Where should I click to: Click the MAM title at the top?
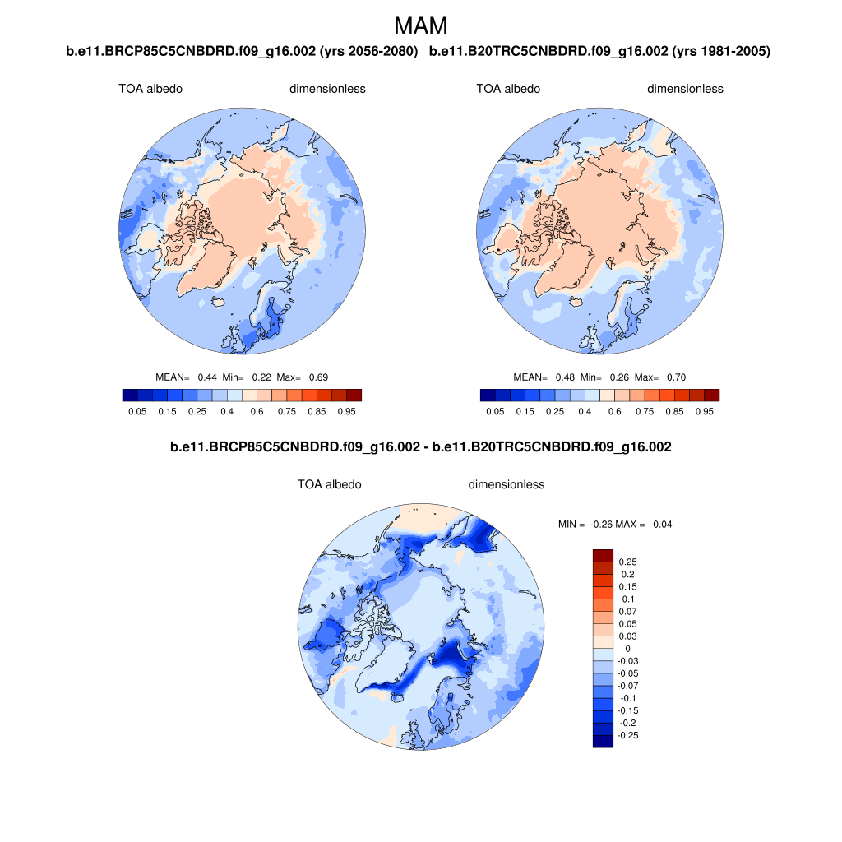[x=421, y=25]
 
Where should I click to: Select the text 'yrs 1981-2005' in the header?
[x=720, y=52]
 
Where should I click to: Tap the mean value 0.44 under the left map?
[x=207, y=377]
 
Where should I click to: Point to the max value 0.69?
[x=318, y=377]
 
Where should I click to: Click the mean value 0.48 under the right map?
[x=565, y=377]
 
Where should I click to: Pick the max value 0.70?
[x=676, y=377]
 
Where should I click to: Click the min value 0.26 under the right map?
[x=619, y=377]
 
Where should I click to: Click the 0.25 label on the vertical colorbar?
[x=627, y=562]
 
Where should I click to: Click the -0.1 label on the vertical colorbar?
[x=626, y=698]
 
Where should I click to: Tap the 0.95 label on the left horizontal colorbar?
[x=345, y=411]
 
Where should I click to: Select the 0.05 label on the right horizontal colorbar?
[x=495, y=411]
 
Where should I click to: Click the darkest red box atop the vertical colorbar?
[x=603, y=556]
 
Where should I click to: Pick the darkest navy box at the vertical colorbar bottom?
[x=603, y=741]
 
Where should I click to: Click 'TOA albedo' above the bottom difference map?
[x=329, y=484]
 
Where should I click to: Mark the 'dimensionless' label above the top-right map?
[x=685, y=89]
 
